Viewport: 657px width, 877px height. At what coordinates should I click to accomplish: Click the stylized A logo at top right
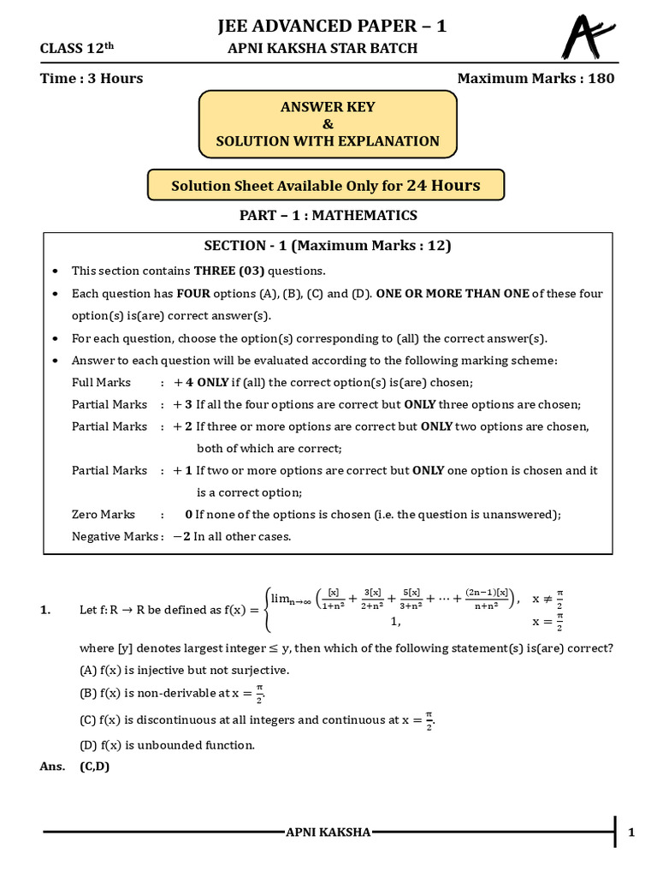[588, 39]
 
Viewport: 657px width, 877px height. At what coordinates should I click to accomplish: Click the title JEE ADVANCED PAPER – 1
[332, 27]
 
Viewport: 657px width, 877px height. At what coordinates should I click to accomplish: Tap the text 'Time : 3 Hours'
[92, 79]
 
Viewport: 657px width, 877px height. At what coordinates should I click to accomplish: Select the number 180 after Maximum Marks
[598, 79]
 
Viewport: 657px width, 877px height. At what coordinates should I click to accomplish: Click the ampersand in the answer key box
[328, 124]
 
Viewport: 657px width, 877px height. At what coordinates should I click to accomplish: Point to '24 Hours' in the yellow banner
[443, 185]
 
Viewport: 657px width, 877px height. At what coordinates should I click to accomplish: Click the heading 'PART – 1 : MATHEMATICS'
[328, 215]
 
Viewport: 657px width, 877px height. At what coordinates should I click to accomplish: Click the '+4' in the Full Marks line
[183, 382]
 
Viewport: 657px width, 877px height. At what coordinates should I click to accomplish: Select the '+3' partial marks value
[182, 404]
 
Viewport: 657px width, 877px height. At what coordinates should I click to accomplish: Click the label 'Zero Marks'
[104, 514]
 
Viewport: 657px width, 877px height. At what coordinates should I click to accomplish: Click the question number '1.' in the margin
[45, 610]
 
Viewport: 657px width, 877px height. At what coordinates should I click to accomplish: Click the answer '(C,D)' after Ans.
[95, 767]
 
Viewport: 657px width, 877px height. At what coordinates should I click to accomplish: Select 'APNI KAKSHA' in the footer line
[328, 832]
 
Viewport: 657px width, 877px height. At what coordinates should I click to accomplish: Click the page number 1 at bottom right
[630, 832]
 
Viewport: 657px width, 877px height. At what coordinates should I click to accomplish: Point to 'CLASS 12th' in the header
[76, 49]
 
